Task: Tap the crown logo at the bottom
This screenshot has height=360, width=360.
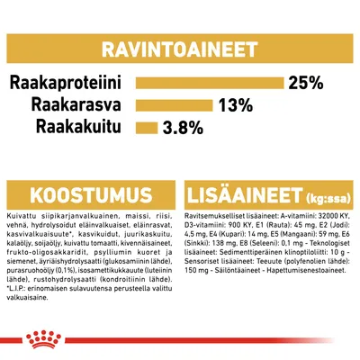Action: pos(180,338)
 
